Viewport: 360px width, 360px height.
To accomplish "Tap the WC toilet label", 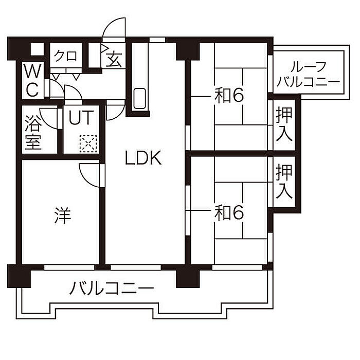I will point(32,81).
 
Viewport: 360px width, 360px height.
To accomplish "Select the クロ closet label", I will point(66,56).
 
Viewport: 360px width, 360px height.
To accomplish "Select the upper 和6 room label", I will point(228,96).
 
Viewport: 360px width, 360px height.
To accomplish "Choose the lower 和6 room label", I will point(228,212).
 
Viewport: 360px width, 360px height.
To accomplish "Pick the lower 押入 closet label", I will point(284,181).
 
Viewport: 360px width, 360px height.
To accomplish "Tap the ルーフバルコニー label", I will point(308,74).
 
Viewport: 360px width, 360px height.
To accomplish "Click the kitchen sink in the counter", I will point(139,99).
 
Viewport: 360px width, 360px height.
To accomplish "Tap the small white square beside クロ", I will point(37,49).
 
